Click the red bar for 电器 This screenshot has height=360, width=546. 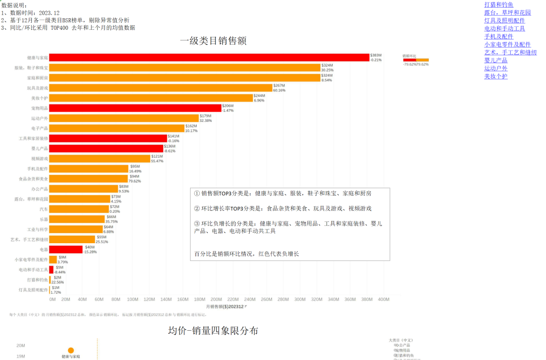(x=66, y=250)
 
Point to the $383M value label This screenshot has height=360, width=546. (x=376, y=55)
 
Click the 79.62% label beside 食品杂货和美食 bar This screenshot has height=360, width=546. (x=134, y=181)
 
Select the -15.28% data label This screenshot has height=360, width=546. (x=91, y=252)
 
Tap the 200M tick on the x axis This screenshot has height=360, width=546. (x=216, y=299)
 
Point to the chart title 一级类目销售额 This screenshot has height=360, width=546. (x=213, y=41)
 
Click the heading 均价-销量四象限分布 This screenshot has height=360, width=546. (x=213, y=331)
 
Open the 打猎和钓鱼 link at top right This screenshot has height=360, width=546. (x=498, y=5)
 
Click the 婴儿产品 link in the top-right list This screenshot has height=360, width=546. (x=495, y=60)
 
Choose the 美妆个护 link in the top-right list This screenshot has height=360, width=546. (x=495, y=76)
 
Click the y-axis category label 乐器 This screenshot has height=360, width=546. (x=44, y=219)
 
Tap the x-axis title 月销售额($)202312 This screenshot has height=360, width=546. (x=225, y=307)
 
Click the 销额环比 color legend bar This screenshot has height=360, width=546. (x=416, y=60)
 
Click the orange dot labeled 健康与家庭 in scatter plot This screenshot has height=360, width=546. (x=71, y=350)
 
